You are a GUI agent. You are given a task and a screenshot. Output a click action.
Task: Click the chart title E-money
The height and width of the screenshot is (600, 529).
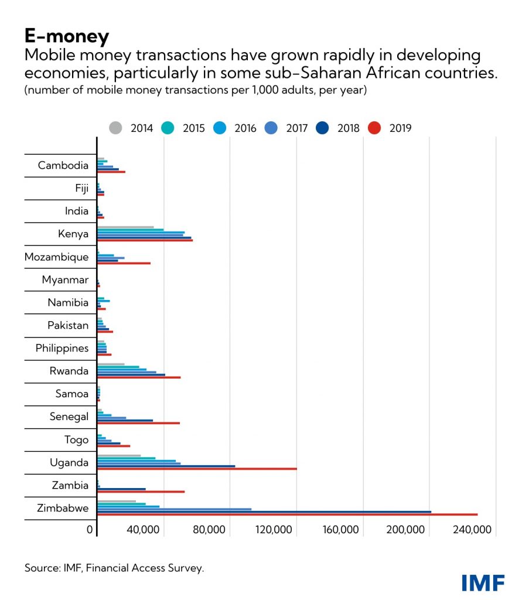(66, 36)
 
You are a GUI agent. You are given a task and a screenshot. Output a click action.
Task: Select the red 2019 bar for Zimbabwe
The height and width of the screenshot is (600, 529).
(287, 514)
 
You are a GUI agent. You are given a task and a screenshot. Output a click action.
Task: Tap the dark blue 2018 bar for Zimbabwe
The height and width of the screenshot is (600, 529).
(264, 512)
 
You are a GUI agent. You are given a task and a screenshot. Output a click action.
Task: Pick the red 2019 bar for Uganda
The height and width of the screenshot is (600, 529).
(197, 469)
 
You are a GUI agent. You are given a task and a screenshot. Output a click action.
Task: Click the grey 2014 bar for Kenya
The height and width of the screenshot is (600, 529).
(125, 227)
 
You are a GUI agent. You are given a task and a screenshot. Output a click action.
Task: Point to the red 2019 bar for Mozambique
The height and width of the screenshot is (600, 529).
(124, 263)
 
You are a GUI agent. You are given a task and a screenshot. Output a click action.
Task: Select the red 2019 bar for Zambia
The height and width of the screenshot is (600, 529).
(141, 492)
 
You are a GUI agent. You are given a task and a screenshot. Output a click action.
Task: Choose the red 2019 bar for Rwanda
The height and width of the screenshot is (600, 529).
(139, 377)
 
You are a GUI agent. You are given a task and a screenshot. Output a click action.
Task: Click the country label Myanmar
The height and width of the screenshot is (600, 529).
(65, 280)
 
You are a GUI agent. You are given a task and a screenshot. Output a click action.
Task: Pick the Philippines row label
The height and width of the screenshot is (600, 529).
(62, 349)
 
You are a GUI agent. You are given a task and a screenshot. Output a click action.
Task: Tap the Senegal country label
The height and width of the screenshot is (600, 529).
(69, 417)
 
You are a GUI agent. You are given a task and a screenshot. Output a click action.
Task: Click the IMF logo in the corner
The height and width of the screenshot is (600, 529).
(483, 582)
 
